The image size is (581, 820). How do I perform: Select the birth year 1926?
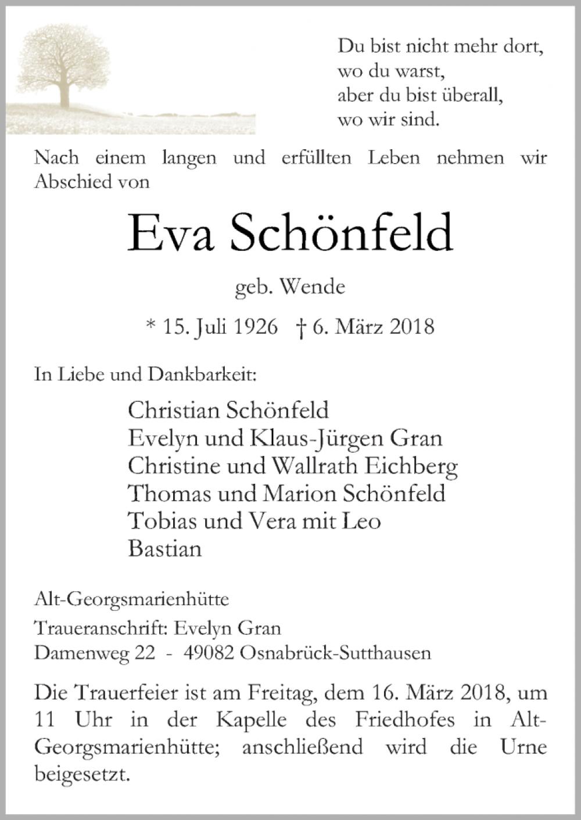click(256, 327)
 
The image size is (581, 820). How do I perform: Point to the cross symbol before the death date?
click(301, 328)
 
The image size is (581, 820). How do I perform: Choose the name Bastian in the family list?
click(165, 549)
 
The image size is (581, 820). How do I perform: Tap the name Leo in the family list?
click(362, 521)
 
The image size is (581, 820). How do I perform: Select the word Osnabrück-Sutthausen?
click(335, 653)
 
